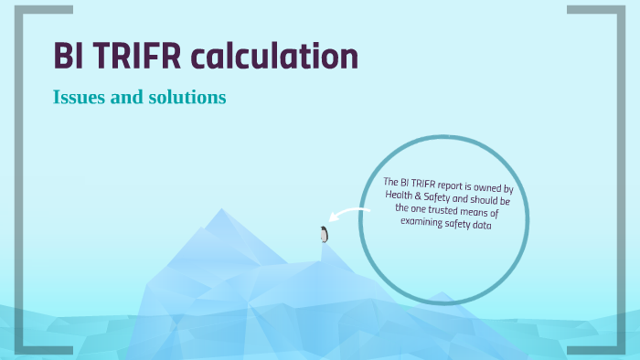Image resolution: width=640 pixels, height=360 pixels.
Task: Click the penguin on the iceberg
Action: pyautogui.click(x=324, y=234)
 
